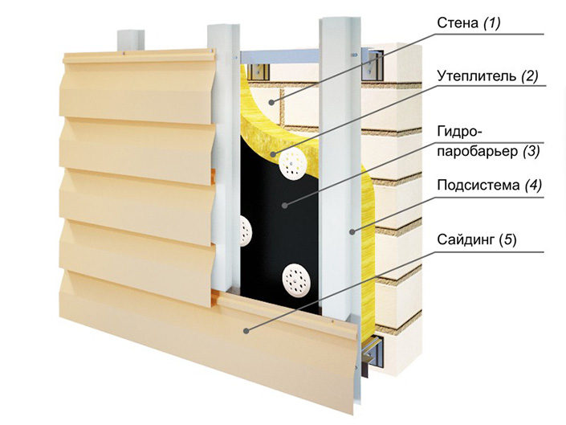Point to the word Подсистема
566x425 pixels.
pyautogui.click(x=478, y=186)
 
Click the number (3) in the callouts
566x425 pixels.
pyautogui.click(x=532, y=150)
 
